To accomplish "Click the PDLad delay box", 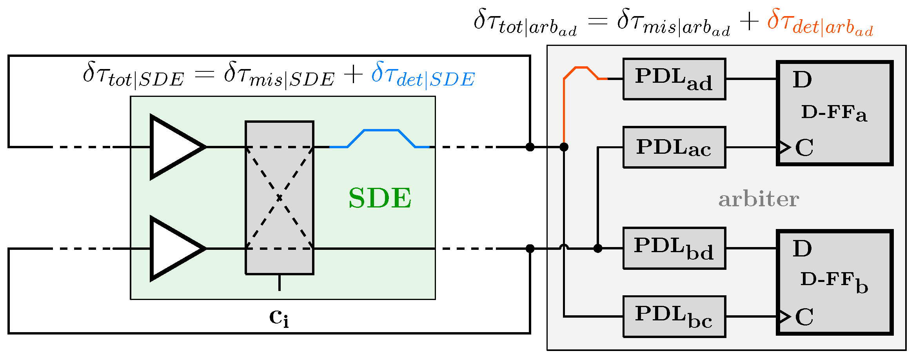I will pyautogui.click(x=674, y=79).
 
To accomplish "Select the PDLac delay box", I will pyautogui.click(x=674, y=147).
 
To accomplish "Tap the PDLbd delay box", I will pyautogui.click(x=674, y=248).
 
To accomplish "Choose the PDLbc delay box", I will pyautogui.click(x=674, y=316).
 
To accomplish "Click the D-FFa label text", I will pyautogui.click(x=833, y=113).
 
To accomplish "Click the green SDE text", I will pyautogui.click(x=380, y=198).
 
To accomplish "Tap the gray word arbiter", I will pyautogui.click(x=759, y=199).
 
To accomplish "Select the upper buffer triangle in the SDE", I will pyautogui.click(x=174, y=147).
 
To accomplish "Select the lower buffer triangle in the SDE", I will pyautogui.click(x=174, y=248).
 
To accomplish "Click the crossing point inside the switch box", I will pyautogui.click(x=279, y=198).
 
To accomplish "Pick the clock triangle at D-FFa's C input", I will pyautogui.click(x=784, y=147).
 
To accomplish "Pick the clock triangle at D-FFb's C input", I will pyautogui.click(x=784, y=316).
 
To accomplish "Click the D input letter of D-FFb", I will pyautogui.click(x=802, y=249).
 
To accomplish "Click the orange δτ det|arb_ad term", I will pyautogui.click(x=819, y=23).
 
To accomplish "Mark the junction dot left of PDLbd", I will pyautogui.click(x=597, y=248).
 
